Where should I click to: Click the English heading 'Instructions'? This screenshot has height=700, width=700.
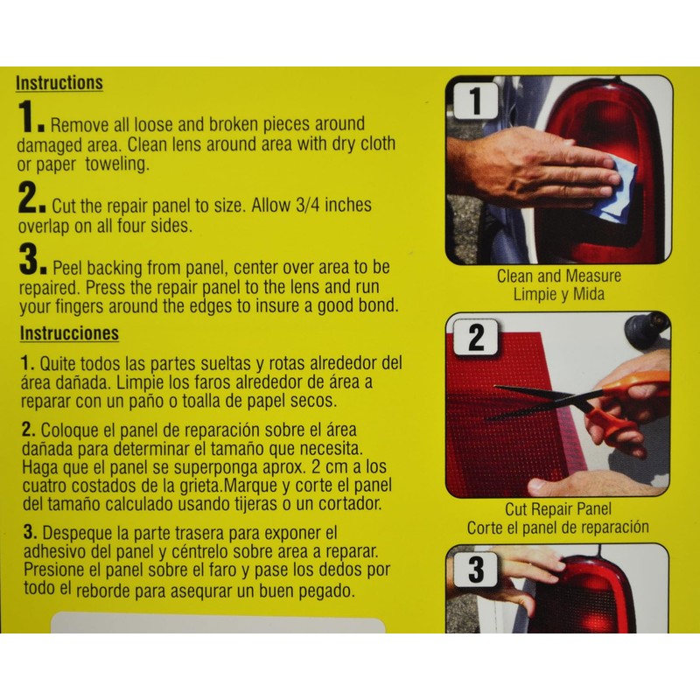pos(59,83)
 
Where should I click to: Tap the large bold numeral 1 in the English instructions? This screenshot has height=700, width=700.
pos(28,122)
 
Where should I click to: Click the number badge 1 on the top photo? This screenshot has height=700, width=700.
pos(473,101)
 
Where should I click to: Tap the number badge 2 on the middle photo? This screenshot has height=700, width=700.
pos(475,337)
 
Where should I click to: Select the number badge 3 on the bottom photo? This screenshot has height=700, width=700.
pos(475,570)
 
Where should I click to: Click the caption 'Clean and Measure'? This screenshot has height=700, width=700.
pos(559,276)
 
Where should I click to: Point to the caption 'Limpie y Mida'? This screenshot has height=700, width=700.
pos(559,294)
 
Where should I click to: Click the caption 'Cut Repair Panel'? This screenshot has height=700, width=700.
pos(558,509)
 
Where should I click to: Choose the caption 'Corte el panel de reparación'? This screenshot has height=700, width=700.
pos(558,527)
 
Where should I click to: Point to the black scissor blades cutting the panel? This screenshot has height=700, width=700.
pos(534,399)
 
